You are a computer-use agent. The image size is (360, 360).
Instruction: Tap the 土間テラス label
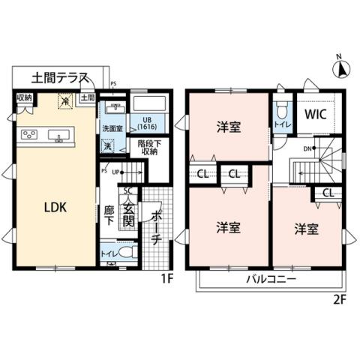click(x=60, y=77)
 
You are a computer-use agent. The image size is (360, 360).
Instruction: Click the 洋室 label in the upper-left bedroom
click(x=229, y=127)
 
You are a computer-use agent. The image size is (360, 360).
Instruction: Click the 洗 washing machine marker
click(x=109, y=147)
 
